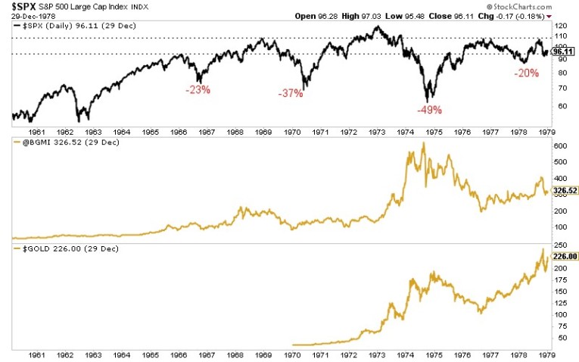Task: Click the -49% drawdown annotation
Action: pos(428,110)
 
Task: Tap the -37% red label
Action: pos(291,93)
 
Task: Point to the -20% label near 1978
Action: pos(525,73)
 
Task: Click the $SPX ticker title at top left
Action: pos(23,7)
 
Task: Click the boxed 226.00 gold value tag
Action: pos(565,257)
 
